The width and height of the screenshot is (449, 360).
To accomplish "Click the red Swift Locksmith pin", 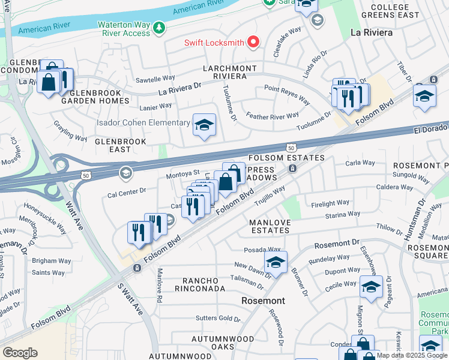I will click(x=253, y=42).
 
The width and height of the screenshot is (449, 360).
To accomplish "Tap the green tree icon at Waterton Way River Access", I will click(x=158, y=28).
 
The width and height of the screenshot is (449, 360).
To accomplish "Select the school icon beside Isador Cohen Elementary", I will click(x=203, y=125).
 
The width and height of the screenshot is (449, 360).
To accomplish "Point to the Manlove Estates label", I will click(x=274, y=226).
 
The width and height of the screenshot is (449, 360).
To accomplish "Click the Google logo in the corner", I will click(x=20, y=353).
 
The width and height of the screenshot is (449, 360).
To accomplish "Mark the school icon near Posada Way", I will click(x=276, y=262).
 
